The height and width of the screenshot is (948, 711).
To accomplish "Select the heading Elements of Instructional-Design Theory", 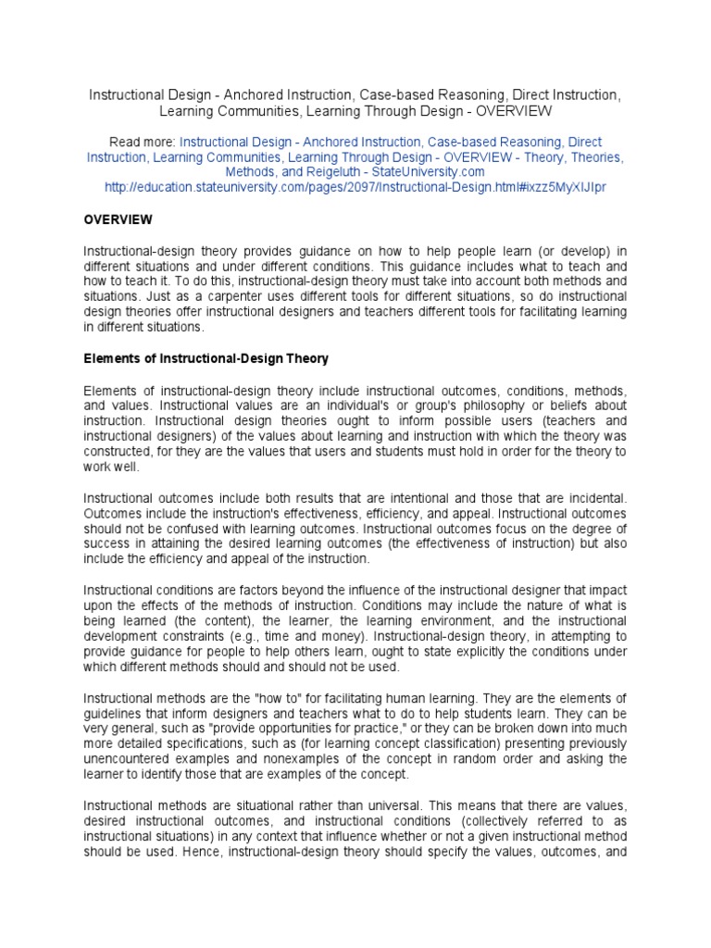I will [x=206, y=358].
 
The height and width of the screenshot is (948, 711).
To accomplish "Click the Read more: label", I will [x=142, y=143].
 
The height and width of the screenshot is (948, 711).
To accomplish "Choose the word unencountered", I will [x=131, y=757].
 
